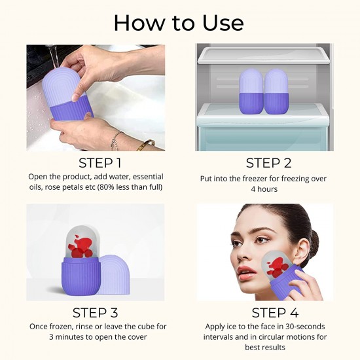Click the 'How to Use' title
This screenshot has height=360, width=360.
pos(179,22)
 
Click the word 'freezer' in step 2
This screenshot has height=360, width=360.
pos(257,178)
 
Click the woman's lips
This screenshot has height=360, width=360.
pos(245,270)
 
